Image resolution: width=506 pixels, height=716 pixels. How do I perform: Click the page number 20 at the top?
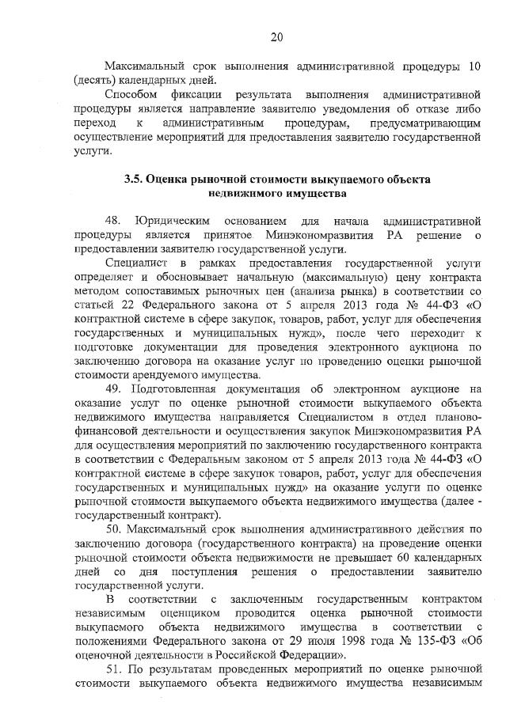point(276,36)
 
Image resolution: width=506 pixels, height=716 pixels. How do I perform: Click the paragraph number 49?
point(112,388)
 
